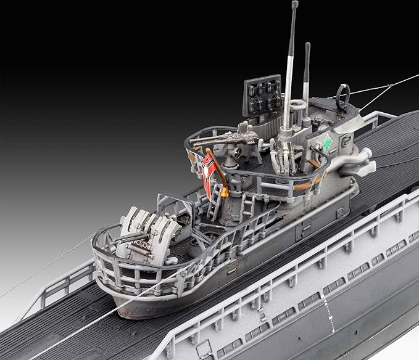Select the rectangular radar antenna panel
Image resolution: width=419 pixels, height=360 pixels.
coord(260,96)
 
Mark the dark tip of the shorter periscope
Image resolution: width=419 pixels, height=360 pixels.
coord(307,47)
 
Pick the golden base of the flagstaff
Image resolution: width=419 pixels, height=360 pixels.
coord(224,192)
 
